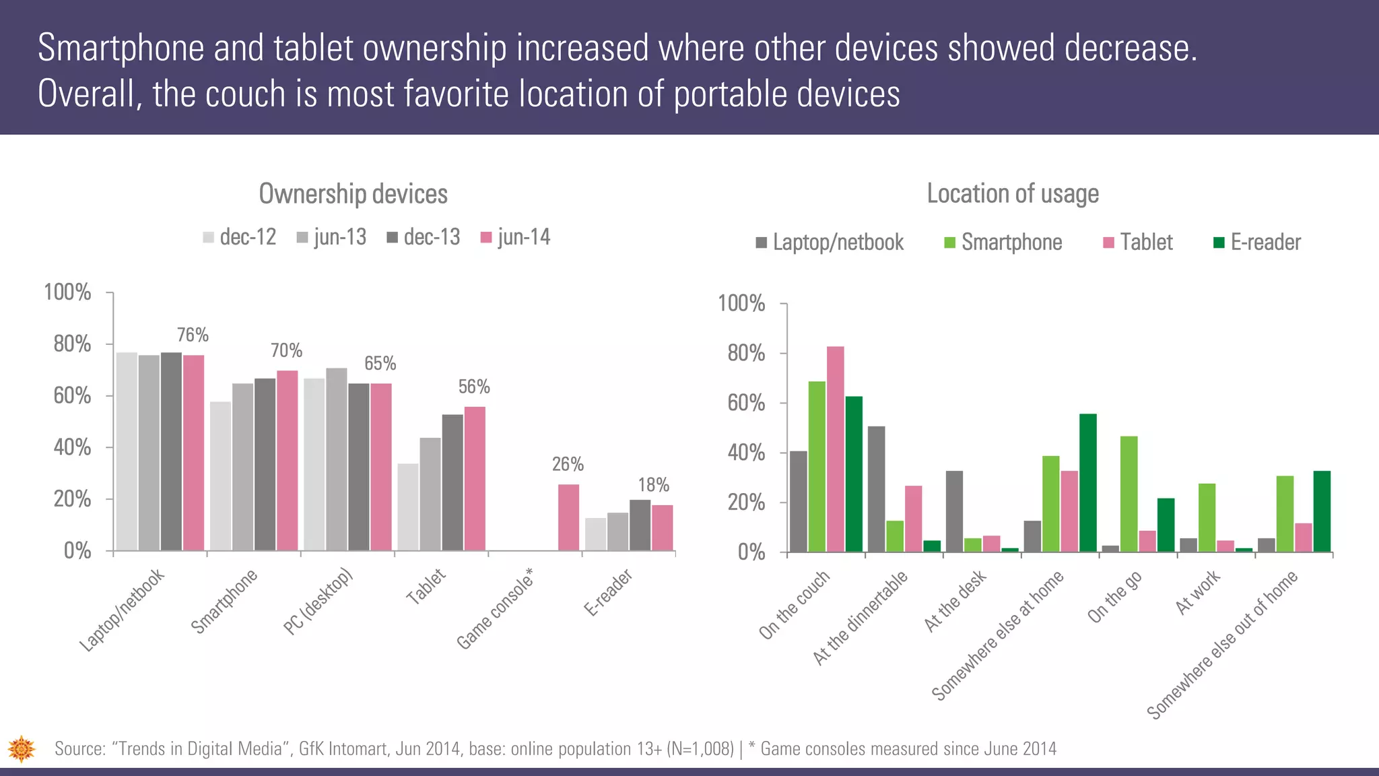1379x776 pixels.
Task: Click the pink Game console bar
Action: coord(568,517)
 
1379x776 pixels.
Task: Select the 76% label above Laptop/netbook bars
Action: coord(193,335)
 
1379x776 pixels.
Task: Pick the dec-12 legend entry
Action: coord(240,237)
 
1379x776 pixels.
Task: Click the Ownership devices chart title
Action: coord(353,194)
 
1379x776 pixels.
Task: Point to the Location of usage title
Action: coord(1012,193)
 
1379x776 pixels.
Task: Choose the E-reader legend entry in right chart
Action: coord(1256,243)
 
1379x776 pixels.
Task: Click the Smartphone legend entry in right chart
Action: coord(1003,243)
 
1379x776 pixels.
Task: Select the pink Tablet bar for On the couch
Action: coord(835,449)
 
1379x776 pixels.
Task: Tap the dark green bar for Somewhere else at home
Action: coord(1087,483)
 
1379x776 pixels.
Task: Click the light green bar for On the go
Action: coord(1129,494)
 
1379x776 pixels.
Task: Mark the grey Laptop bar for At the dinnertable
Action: coord(876,489)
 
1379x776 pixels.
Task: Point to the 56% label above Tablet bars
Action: coord(474,387)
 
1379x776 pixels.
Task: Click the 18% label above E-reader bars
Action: coord(653,485)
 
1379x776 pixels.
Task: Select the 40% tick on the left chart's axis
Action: coord(72,447)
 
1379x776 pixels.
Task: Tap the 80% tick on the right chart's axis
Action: coord(746,354)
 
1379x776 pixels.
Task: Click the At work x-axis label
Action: coord(1197,593)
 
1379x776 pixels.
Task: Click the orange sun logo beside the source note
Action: coord(22,748)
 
